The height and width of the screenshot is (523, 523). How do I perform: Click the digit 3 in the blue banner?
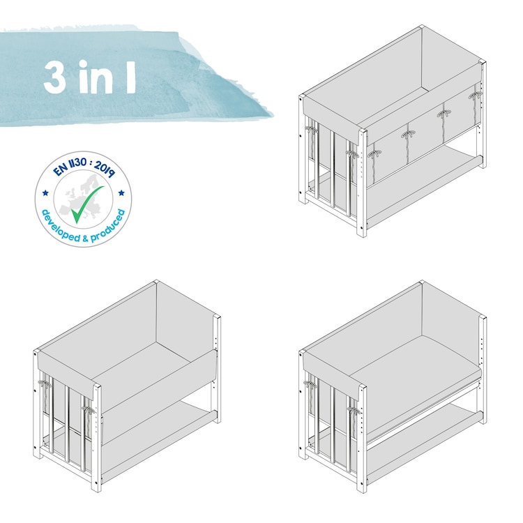click(54, 77)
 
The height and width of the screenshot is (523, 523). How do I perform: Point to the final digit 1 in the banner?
click(131, 77)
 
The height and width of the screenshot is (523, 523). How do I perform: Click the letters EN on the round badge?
click(61, 169)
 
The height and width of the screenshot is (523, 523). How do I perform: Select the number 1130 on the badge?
click(78, 163)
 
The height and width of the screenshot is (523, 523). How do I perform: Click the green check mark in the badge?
click(87, 204)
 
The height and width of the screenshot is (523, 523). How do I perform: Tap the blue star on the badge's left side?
click(46, 192)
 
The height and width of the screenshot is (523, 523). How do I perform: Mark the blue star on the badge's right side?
click(121, 192)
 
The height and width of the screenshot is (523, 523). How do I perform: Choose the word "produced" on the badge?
click(109, 226)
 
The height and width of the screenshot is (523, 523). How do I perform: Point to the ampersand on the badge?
click(85, 238)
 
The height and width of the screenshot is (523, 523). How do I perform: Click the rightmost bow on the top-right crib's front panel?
click(476, 96)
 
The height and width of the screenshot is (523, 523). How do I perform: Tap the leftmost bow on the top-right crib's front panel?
click(375, 154)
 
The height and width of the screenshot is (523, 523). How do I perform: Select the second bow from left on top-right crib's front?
click(408, 134)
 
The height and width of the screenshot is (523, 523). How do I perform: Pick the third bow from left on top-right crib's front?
click(444, 114)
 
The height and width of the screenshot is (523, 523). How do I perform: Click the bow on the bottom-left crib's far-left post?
click(43, 384)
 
